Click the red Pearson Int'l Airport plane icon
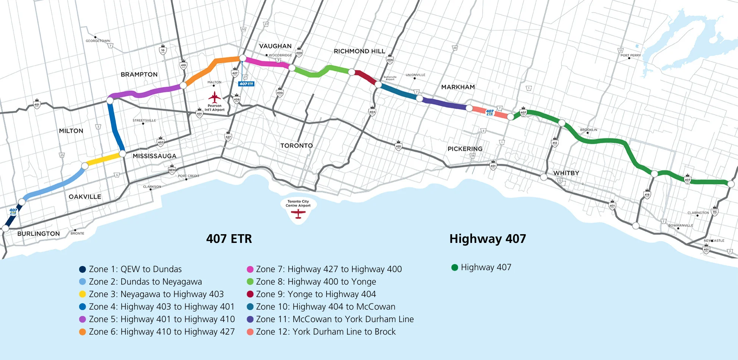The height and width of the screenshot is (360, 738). [214, 97]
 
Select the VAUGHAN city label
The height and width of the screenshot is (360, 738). [275, 46]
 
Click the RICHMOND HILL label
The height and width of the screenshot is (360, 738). [359, 51]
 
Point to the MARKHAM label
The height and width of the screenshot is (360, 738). [458, 87]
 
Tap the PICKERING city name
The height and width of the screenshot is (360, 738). [465, 149]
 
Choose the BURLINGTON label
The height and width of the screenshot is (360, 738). [39, 234]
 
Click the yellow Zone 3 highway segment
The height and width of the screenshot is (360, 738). [103, 160]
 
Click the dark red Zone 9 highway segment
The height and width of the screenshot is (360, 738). [365, 77]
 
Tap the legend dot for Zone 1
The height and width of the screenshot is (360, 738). [82, 269]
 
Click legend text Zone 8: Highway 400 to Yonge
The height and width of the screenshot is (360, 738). [316, 282]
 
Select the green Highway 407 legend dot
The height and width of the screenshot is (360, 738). [455, 268]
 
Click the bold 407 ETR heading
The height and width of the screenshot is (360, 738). [229, 239]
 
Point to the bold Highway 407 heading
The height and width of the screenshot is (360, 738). [488, 239]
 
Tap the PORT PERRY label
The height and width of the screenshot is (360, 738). [630, 55]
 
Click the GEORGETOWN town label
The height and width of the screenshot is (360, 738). [98, 41]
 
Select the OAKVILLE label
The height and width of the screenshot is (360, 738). [85, 197]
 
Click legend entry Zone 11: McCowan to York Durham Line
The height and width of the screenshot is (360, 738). [335, 319]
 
